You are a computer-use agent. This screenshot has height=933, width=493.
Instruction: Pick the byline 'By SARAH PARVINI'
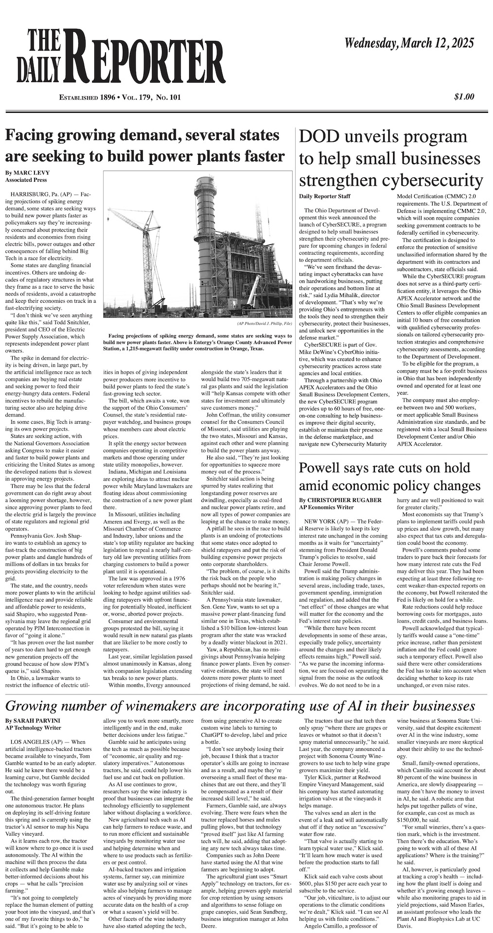click(29, 720)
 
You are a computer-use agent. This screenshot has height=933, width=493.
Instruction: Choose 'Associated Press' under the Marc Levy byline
click(26, 180)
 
